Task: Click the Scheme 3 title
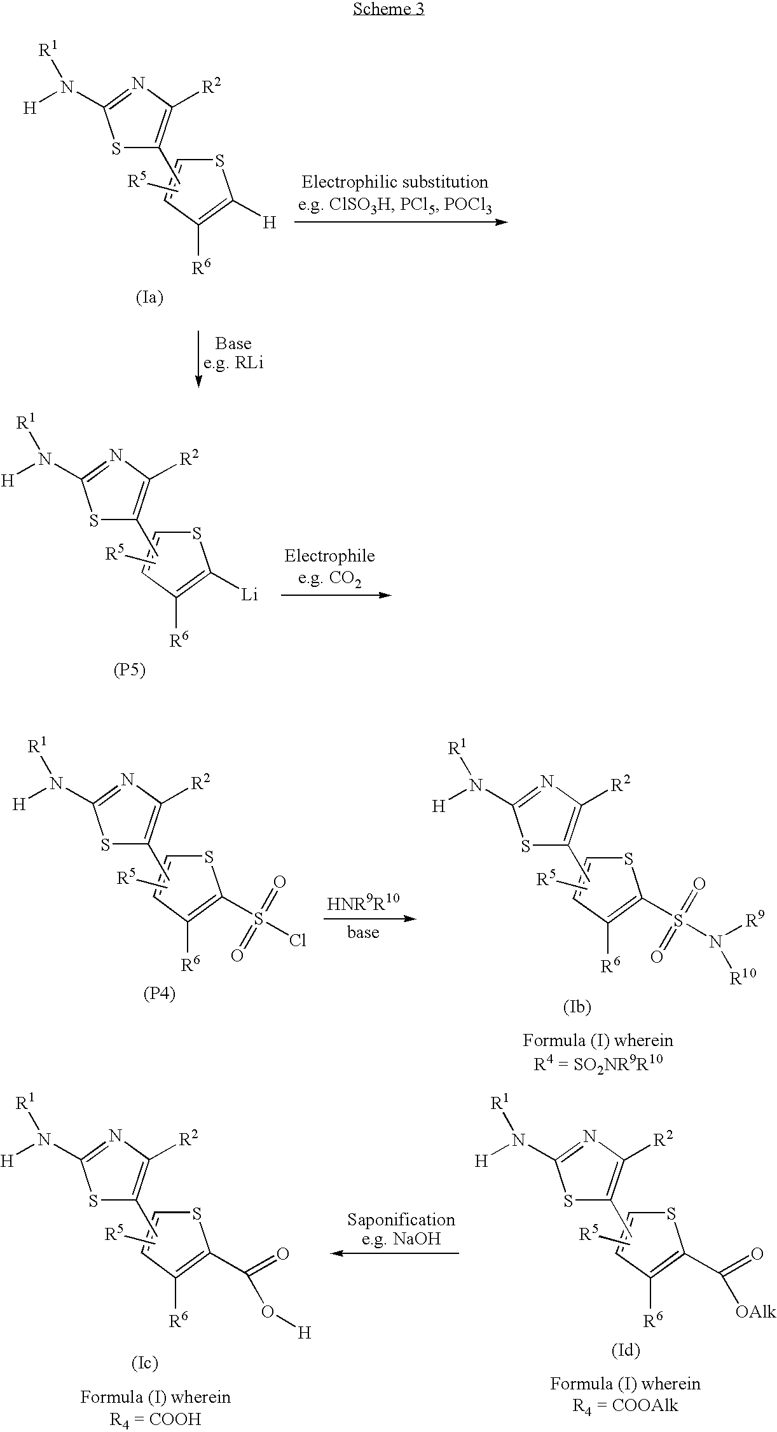[388, 9]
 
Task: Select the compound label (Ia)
[149, 297]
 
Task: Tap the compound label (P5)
[129, 670]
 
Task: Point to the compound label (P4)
[159, 993]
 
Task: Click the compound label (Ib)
[577, 1006]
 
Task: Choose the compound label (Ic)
[143, 1362]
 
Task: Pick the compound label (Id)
[625, 1349]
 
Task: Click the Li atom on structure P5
[249, 595]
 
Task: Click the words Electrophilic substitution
[395, 182]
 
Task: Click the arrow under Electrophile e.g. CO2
[336, 595]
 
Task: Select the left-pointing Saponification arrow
[395, 1253]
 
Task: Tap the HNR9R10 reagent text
[363, 903]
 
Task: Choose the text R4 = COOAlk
[625, 1405]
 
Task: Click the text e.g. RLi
[233, 365]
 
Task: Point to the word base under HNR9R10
[363, 932]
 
